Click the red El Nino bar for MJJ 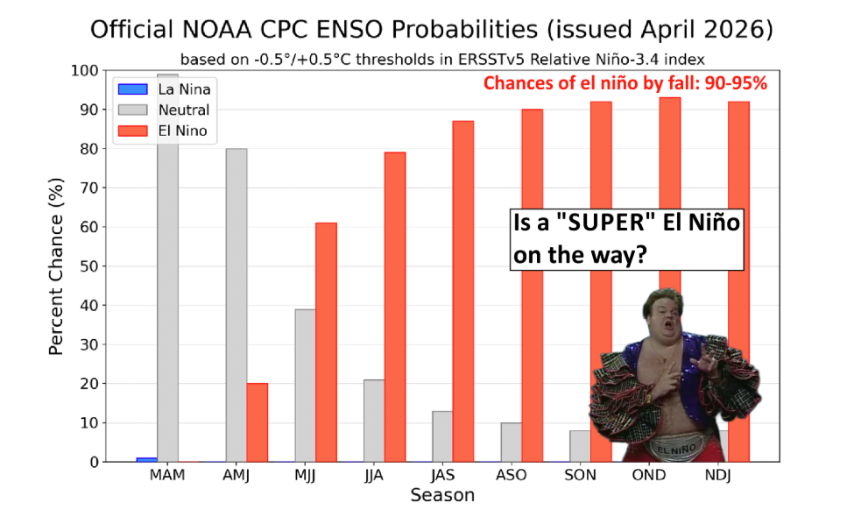point(326,343)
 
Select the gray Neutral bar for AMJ point(236,305)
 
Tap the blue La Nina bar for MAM point(147,460)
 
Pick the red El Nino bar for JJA point(395,308)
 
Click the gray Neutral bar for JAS point(442,436)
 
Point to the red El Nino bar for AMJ point(258,422)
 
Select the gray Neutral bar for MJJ point(305,386)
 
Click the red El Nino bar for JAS point(463,292)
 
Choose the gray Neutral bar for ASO point(511,443)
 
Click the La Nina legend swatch point(133,89)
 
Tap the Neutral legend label point(184,110)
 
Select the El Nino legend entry point(163,131)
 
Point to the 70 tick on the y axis point(89,188)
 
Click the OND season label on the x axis point(649,476)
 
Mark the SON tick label point(580,476)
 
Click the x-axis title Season point(442,495)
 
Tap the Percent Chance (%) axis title point(56,266)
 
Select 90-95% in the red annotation point(736,83)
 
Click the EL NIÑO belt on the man point(676,449)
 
